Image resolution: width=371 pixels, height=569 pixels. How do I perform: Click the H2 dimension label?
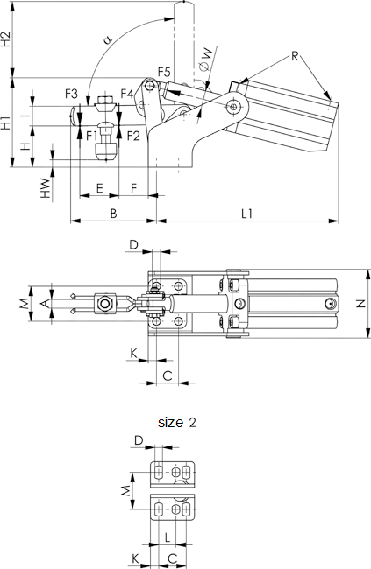coord(6,39)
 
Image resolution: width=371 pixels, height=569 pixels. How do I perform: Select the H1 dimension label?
coord(6,123)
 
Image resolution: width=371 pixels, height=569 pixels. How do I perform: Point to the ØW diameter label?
coord(205,58)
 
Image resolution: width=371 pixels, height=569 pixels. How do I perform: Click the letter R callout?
coord(295,56)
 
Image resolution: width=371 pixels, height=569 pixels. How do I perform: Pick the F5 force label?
coord(164,72)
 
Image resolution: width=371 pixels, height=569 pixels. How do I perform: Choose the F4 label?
coord(127,94)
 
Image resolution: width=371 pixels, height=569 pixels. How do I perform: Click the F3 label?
coord(71,94)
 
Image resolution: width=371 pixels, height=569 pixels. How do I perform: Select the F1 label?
coord(92,136)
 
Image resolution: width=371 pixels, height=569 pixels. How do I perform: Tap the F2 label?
coord(133,136)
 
